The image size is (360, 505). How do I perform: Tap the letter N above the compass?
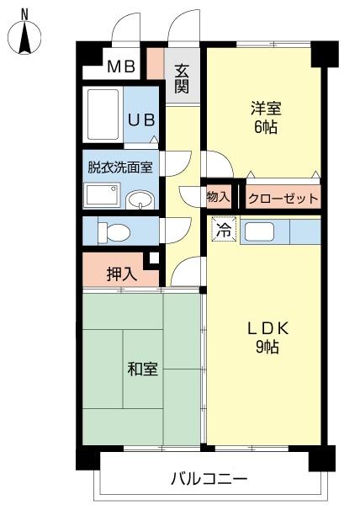pos(24,13)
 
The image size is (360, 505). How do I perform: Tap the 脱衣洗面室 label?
pos(119,166)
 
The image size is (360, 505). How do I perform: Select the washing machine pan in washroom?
pos(102,196)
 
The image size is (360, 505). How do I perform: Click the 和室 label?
pos(142,369)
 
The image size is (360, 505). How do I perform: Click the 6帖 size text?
pos(265,128)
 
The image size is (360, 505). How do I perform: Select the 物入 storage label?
pos(218,197)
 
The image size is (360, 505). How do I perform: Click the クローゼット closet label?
pos(283,199)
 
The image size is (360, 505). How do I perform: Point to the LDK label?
pos(267,328)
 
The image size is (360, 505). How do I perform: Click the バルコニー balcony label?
pos(209,479)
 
